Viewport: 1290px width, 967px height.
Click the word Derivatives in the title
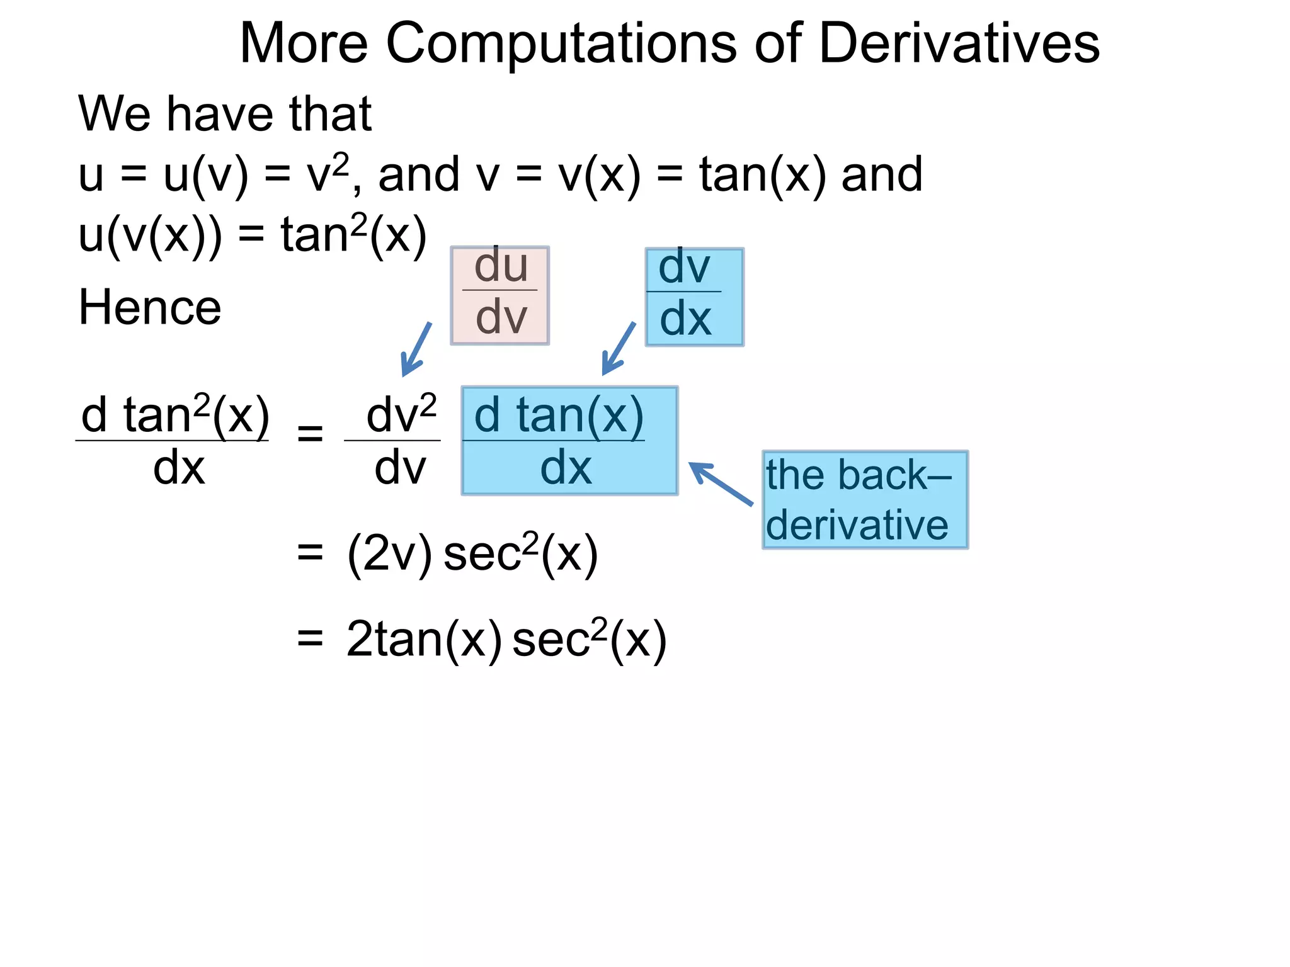(959, 43)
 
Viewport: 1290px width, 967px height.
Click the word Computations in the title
(561, 43)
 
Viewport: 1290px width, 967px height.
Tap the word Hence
(150, 307)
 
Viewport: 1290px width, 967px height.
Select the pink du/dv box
(500, 295)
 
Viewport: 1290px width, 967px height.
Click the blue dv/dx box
(694, 297)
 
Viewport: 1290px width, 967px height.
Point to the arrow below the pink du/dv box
(416, 349)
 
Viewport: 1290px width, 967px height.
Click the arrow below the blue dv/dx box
(618, 349)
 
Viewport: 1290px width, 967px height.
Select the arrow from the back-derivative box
(721, 483)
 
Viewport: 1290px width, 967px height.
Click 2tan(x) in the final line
(424, 640)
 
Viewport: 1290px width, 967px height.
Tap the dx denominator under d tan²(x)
(179, 468)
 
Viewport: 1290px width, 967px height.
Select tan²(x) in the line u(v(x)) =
(353, 235)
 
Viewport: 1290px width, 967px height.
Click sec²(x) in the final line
(589, 640)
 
